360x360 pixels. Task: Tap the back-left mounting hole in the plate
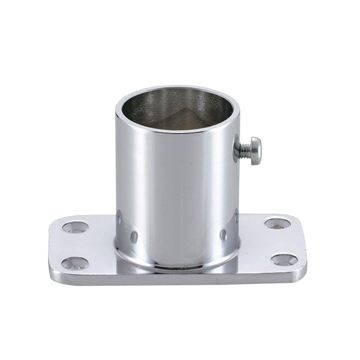click(72, 226)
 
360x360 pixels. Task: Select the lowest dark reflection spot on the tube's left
click(133, 236)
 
